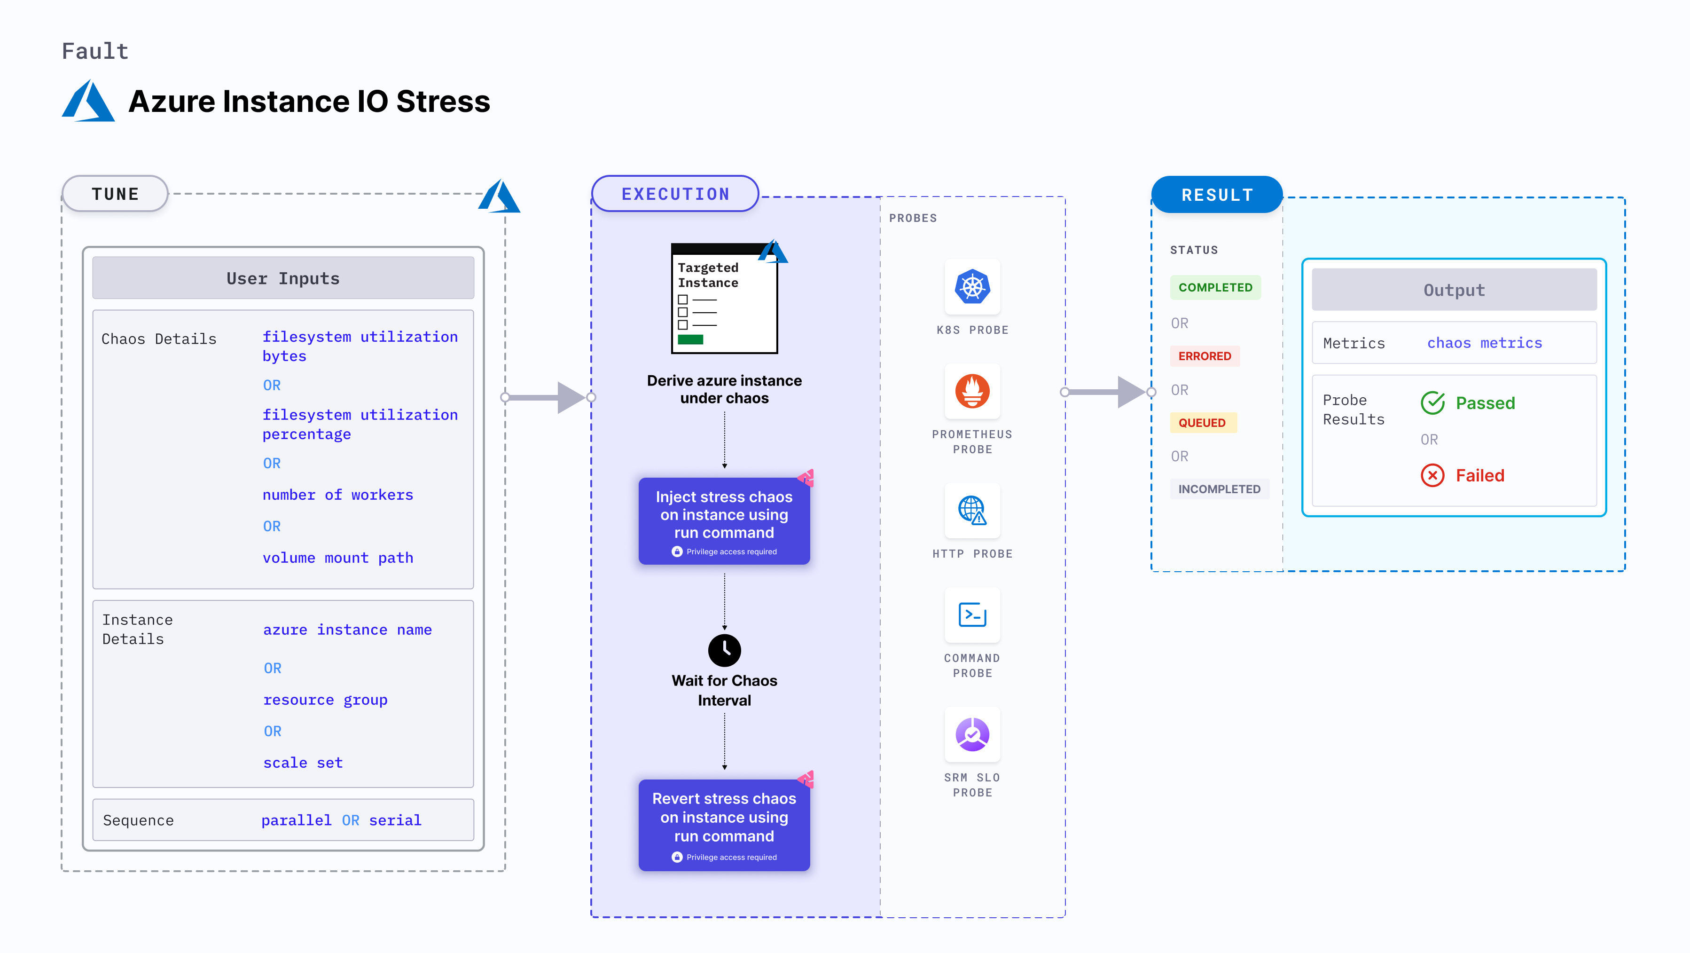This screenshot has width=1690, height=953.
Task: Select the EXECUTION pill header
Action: point(675,194)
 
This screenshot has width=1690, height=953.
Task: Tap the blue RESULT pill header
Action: point(1217,195)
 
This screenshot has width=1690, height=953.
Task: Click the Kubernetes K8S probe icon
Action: point(972,287)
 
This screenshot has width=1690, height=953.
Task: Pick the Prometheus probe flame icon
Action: point(972,391)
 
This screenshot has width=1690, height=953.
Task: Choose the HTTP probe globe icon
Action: point(972,510)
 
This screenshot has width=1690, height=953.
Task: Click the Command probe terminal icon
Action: point(972,615)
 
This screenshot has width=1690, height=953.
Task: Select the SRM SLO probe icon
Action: point(972,734)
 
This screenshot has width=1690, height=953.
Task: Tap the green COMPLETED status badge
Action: point(1215,287)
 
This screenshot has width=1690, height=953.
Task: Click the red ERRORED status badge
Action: point(1205,356)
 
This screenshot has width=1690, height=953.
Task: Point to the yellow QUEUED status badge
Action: point(1202,423)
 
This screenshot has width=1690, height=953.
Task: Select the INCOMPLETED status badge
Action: point(1219,489)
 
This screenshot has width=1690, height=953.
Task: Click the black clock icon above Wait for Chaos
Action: point(724,650)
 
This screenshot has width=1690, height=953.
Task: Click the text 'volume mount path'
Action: point(338,558)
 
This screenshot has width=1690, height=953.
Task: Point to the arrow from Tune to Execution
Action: point(548,397)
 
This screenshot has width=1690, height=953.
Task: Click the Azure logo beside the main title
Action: point(88,101)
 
